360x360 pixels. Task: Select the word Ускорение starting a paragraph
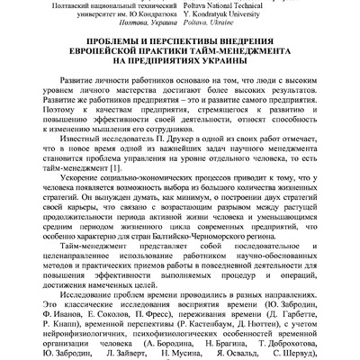(x=76, y=184)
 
